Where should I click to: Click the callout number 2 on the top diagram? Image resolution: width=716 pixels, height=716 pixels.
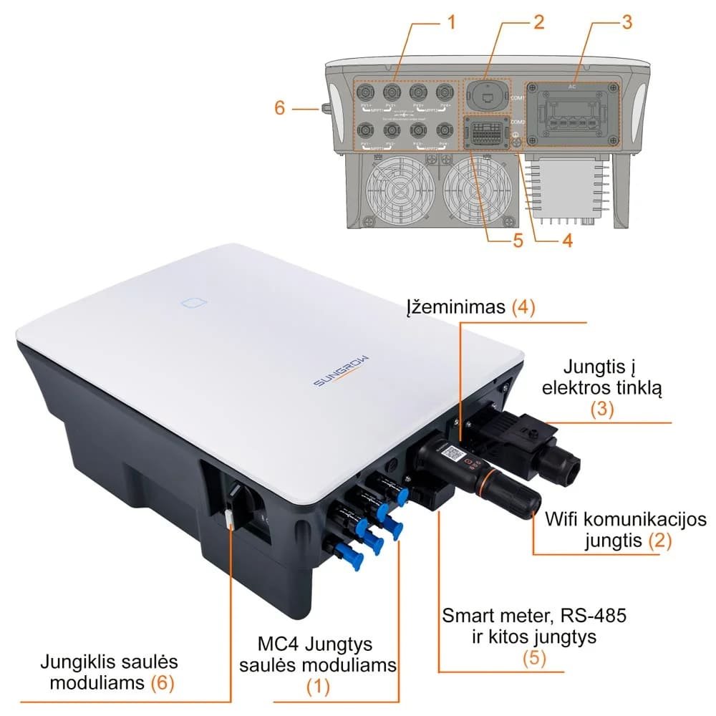[538, 21]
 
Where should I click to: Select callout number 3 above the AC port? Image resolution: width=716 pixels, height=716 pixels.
[626, 21]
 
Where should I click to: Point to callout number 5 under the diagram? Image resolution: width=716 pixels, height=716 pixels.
[517, 241]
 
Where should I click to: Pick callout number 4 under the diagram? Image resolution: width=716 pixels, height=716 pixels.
[566, 241]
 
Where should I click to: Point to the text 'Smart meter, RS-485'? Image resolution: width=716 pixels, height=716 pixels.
[529, 614]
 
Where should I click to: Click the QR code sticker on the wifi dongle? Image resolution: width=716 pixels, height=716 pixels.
[451, 453]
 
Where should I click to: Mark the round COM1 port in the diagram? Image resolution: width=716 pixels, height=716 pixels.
[486, 95]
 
